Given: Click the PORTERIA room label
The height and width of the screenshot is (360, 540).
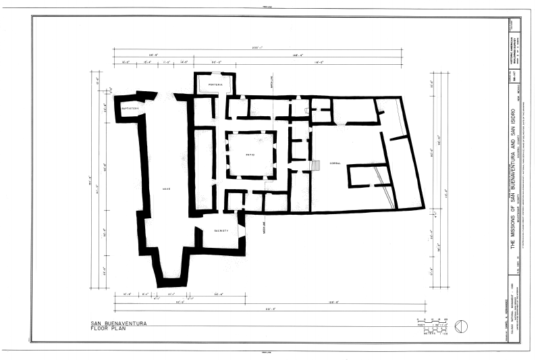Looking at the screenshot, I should [215, 84].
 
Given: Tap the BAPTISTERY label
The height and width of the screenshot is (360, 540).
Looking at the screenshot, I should [130, 108].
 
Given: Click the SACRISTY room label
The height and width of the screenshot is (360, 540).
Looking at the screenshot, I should [221, 230].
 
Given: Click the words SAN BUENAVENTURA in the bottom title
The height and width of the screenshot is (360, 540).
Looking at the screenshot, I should [120, 324].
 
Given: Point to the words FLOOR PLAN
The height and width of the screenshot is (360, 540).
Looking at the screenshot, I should [110, 331].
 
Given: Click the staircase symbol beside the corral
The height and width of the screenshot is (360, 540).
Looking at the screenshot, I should [315, 165].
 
